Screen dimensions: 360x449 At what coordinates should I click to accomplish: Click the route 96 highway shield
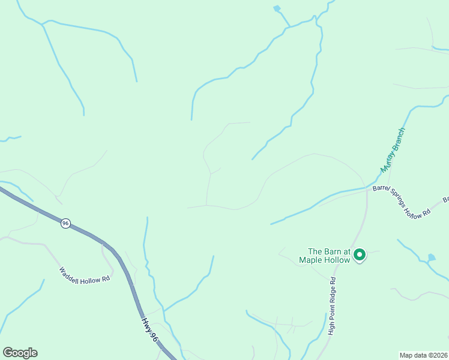pos(65,223)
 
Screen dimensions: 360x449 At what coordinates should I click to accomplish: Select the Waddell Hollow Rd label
pos(85,274)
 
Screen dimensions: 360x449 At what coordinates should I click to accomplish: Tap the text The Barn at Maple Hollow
pos(328,256)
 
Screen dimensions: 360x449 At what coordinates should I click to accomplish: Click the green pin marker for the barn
pos(360,255)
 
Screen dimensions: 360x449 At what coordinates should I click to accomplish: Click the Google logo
pos(20,353)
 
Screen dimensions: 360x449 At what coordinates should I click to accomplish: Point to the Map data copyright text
pos(424,354)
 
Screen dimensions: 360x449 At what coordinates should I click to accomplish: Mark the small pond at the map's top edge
pos(277,8)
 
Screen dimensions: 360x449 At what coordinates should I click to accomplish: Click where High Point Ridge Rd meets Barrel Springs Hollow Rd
pos(367,190)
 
